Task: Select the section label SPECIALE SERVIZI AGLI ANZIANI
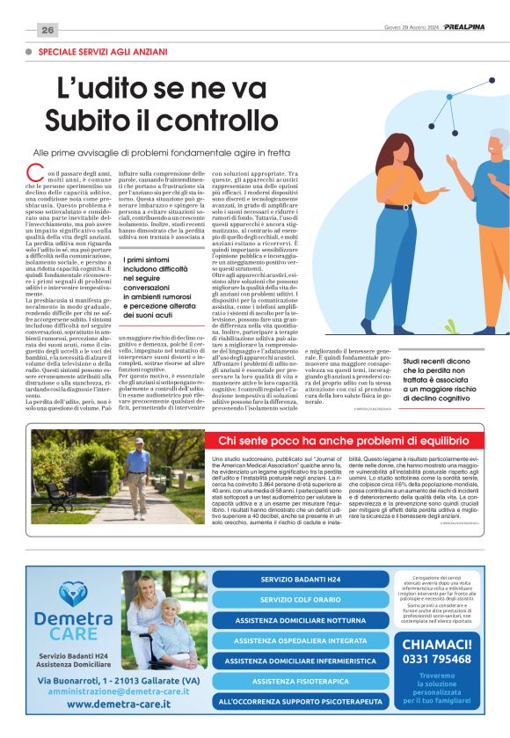click(x=102, y=52)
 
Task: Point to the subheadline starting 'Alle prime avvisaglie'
click(x=168, y=152)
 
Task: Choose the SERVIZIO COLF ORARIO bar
click(x=300, y=600)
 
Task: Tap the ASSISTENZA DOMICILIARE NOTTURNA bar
click(x=300, y=620)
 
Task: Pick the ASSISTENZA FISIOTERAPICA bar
click(x=300, y=681)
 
